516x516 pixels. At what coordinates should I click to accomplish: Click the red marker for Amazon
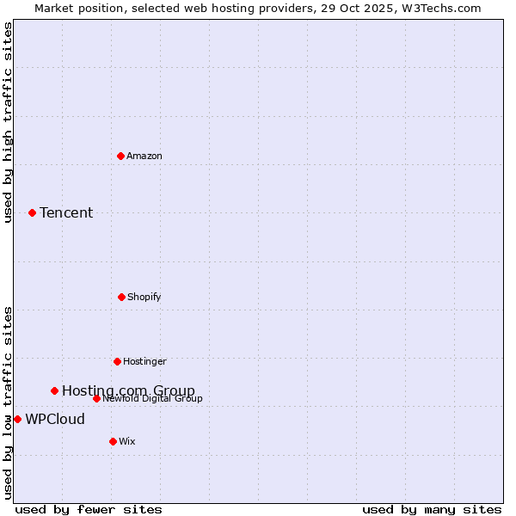tap(120, 156)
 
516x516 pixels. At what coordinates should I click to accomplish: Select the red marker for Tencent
tap(32, 212)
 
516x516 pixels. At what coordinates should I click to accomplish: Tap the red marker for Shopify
tap(121, 297)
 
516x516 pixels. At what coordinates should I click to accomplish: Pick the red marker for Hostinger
tap(117, 361)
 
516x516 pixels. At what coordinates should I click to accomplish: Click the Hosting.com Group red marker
tap(54, 390)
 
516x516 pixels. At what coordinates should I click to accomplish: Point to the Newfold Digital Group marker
tap(96, 398)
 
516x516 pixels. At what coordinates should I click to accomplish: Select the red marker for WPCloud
tap(17, 419)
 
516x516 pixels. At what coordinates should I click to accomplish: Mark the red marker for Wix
tap(113, 441)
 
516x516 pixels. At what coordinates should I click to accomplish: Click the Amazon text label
tap(144, 157)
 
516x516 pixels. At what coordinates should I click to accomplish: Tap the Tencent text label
tap(66, 213)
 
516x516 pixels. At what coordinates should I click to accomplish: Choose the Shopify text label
tap(144, 298)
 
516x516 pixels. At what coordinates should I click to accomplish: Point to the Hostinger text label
tap(144, 362)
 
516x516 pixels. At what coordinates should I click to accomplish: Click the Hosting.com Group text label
tap(128, 391)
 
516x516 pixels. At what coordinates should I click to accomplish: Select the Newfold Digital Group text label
tap(152, 399)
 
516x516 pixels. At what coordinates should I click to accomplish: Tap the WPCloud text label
tap(55, 420)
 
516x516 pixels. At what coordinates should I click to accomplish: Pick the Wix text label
tap(127, 442)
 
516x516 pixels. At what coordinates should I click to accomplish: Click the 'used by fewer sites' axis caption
tap(89, 510)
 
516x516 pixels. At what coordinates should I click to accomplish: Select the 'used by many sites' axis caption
tap(432, 510)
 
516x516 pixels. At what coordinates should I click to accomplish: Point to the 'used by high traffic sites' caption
tap(8, 122)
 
